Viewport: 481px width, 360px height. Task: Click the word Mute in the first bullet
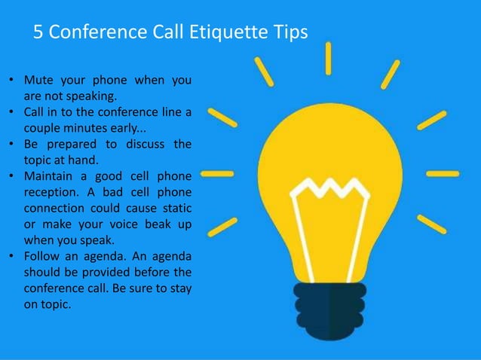coord(39,80)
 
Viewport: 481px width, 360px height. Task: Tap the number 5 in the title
coord(40,32)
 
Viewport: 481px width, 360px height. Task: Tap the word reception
coord(52,191)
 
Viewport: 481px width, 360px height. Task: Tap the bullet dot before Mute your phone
coord(11,80)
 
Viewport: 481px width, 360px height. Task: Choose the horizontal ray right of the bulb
coord(441,173)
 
